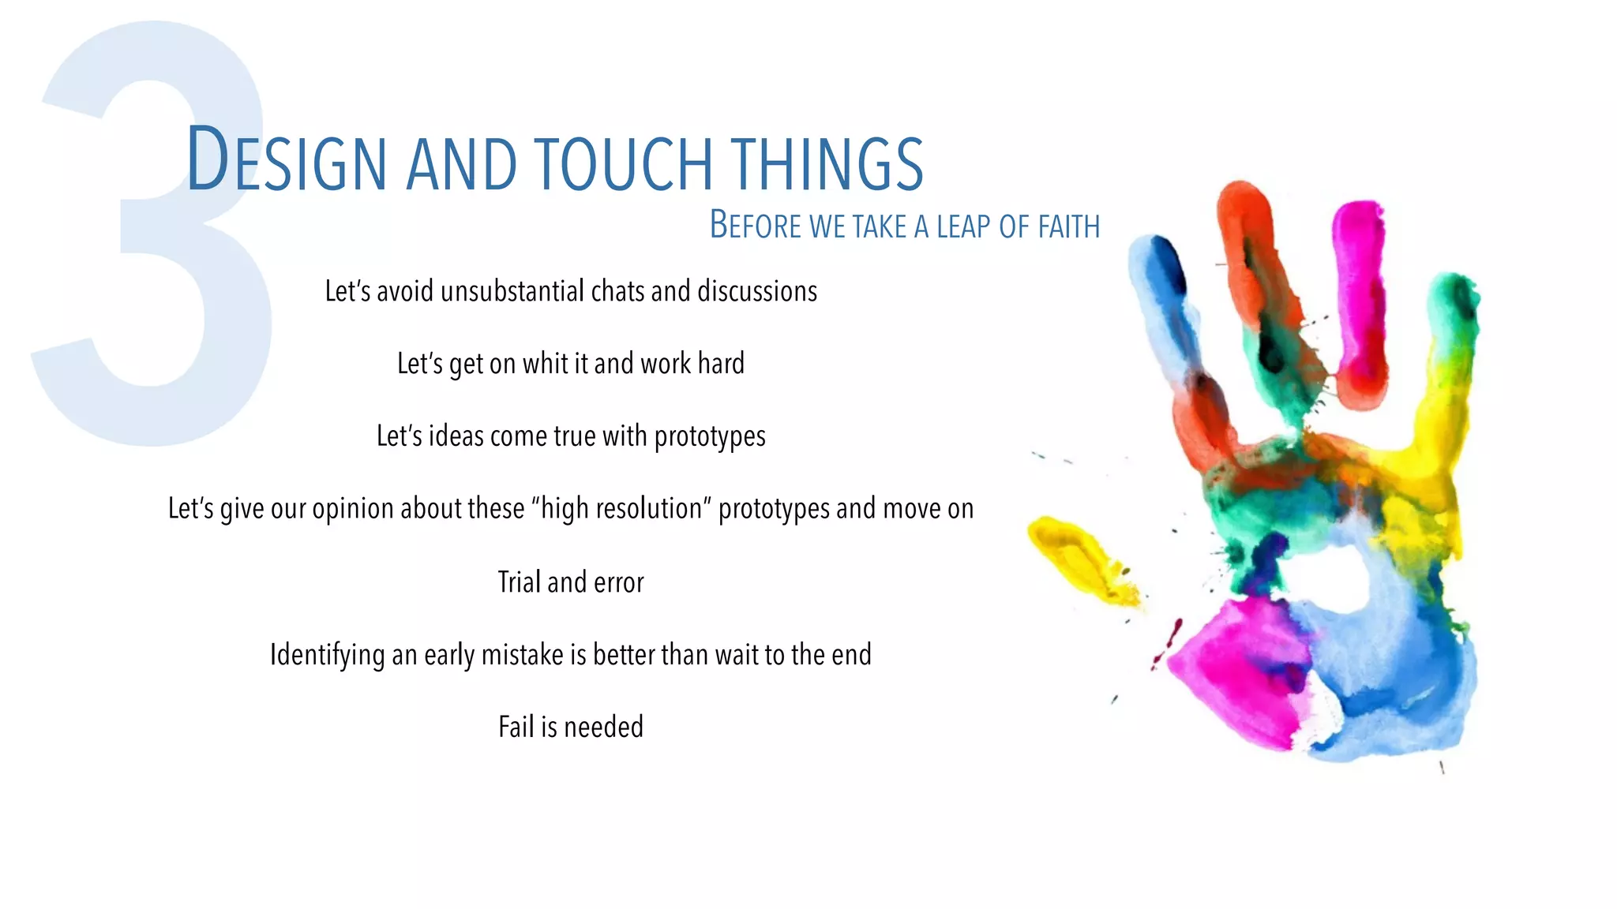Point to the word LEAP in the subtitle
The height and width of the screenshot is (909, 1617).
pyautogui.click(x=964, y=227)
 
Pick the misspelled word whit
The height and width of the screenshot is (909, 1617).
pyautogui.click(x=545, y=364)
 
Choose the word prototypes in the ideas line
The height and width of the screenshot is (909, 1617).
pyautogui.click(x=710, y=436)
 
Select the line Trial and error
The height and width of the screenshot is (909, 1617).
pyautogui.click(x=571, y=582)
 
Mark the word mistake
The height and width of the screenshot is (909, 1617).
pyautogui.click(x=522, y=655)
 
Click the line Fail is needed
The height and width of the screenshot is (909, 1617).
pyautogui.click(x=571, y=727)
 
